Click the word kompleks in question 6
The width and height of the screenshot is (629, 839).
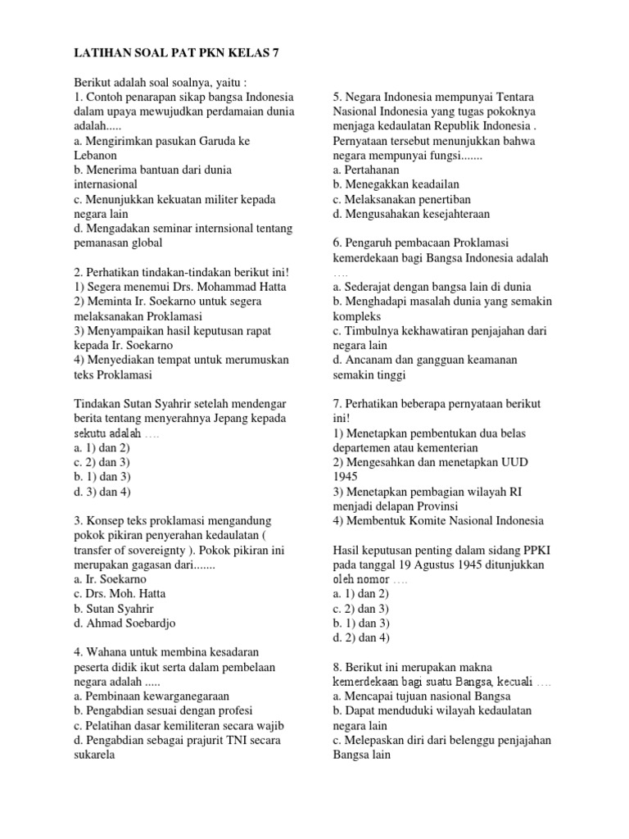pyautogui.click(x=357, y=316)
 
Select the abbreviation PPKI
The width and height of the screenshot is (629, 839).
pyautogui.click(x=543, y=550)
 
